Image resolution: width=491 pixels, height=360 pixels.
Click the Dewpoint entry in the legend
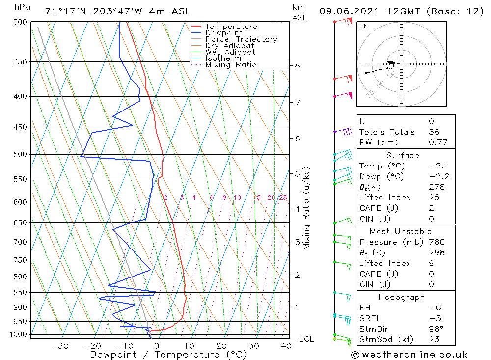(x=223, y=33)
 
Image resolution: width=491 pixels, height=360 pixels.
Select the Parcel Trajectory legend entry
(x=241, y=39)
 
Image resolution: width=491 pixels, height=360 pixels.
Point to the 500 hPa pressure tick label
(x=20, y=155)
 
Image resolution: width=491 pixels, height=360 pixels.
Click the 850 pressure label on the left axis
(x=20, y=293)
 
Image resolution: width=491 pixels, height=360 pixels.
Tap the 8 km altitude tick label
(x=297, y=65)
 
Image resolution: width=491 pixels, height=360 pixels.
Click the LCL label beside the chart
(x=306, y=339)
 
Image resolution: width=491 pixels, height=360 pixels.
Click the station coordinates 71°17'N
(x=63, y=11)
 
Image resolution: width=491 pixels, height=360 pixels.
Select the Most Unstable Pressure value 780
(x=436, y=242)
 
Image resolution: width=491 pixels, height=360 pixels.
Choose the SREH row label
(x=371, y=318)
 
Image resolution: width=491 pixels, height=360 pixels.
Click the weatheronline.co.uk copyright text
(x=409, y=355)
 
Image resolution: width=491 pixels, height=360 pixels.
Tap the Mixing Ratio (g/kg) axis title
(x=307, y=208)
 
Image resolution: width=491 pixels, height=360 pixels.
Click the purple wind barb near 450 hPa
(x=344, y=131)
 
